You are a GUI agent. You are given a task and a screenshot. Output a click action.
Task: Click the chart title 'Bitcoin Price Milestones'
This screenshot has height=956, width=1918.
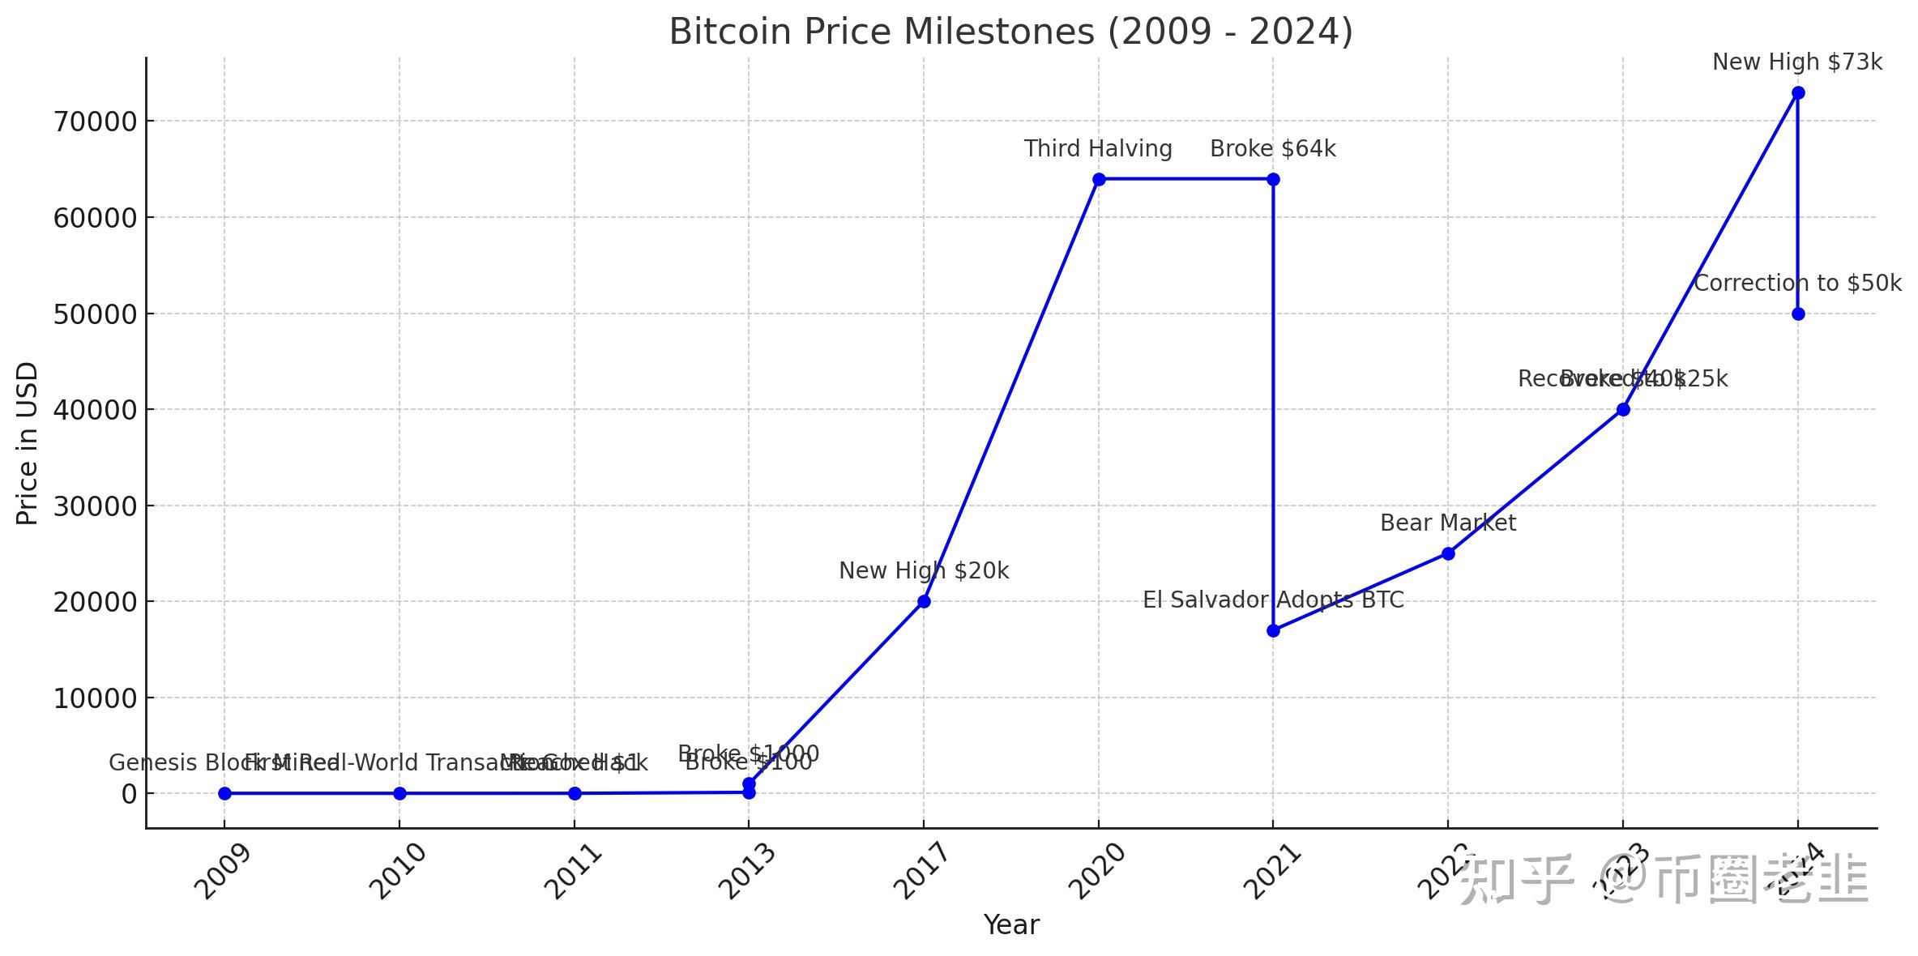coord(1010,32)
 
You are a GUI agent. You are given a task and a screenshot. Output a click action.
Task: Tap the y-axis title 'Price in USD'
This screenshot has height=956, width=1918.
coord(28,443)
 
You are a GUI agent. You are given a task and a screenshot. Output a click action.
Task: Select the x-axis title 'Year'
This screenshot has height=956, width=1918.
coord(1010,924)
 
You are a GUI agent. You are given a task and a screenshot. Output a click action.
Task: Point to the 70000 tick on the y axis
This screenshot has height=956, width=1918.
coord(94,122)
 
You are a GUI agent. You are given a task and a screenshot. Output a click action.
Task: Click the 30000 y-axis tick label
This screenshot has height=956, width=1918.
coord(94,506)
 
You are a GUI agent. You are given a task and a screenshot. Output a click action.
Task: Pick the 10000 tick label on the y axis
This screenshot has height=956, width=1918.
coord(94,698)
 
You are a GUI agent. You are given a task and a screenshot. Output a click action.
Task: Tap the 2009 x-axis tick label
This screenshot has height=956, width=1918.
coord(224,872)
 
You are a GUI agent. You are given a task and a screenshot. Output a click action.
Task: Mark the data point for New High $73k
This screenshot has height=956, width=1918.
coord(1797,93)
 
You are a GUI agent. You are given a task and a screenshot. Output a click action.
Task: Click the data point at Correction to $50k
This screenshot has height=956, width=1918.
coord(1797,314)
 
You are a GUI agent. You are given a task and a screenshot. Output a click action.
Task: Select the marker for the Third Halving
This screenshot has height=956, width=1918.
coord(1099,179)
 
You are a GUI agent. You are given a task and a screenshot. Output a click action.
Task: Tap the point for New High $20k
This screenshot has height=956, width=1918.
coord(924,601)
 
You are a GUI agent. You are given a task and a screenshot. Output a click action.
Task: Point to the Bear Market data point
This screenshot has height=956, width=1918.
coord(1448,553)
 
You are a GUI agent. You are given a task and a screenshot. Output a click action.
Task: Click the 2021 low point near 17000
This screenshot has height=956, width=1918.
coord(1273,630)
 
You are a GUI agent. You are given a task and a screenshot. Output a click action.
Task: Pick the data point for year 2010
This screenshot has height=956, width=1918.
coord(399,793)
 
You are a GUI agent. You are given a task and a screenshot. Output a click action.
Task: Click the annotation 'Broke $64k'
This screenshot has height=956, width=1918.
coord(1272,149)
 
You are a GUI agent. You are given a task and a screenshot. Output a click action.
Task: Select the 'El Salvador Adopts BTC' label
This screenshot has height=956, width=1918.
coord(1272,600)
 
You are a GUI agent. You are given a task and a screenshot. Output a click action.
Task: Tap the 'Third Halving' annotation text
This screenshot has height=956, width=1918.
coord(1097,149)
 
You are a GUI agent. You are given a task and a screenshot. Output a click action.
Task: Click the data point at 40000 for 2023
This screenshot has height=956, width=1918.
coord(1623,410)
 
